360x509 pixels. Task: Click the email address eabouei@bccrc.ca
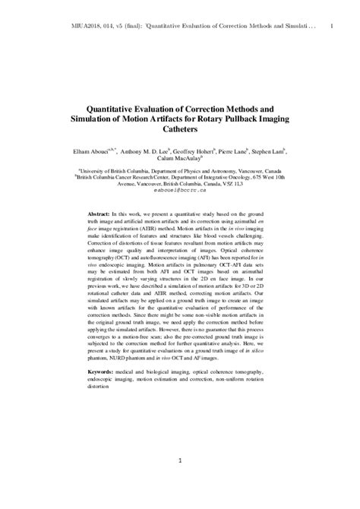(179, 191)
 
